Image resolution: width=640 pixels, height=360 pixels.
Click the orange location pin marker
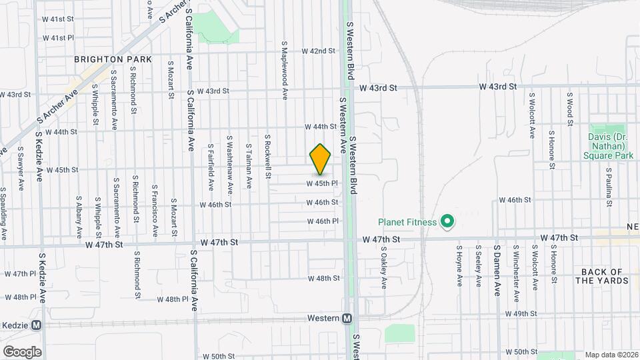(321, 159)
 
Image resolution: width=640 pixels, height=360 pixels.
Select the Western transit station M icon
(347, 319)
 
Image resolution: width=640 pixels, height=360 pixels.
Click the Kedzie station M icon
(36, 325)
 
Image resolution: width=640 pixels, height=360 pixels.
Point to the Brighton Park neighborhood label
(113, 59)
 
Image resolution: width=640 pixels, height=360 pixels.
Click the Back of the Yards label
(601, 276)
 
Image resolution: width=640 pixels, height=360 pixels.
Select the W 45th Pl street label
(323, 183)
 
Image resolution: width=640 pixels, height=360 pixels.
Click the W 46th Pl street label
(323, 221)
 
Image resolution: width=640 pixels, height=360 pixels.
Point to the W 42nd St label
(318, 51)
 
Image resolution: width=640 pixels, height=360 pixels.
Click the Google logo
(22, 352)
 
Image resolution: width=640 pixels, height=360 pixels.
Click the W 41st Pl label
(58, 38)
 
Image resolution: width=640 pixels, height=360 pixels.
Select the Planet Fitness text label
(407, 222)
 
